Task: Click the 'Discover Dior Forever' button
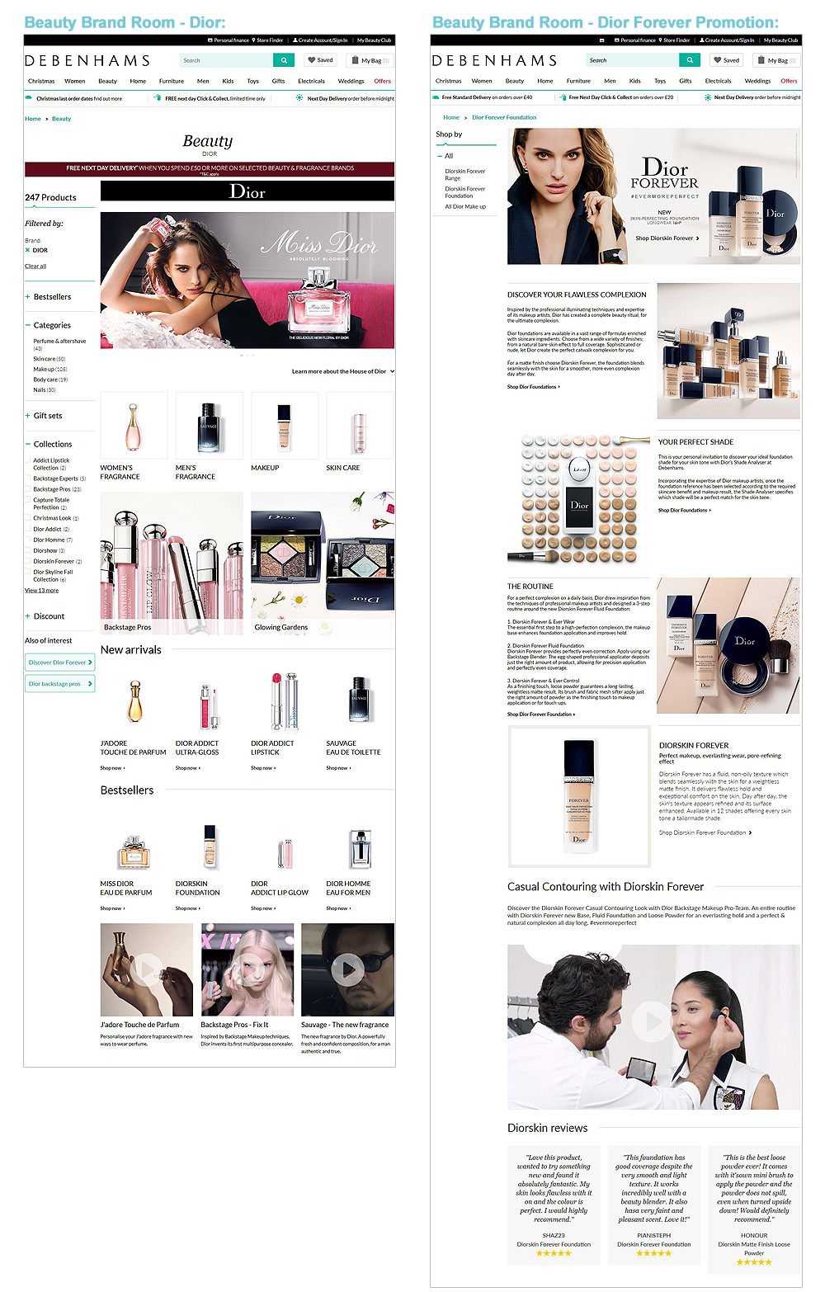[59, 662]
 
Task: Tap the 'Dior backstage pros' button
[59, 683]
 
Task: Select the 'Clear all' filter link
[35, 266]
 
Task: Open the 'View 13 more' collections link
[41, 590]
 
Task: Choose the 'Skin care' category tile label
[343, 468]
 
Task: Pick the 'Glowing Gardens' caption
[281, 627]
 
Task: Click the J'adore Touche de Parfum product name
[133, 747]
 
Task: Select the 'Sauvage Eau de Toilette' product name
[353, 747]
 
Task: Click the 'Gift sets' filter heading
[48, 416]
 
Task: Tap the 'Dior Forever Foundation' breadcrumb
[504, 117]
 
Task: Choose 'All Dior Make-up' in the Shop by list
[465, 206]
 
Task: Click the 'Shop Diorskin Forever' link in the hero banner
[667, 238]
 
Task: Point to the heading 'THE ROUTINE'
[530, 587]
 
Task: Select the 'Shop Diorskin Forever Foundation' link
[705, 832]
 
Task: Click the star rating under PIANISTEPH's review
[653, 1253]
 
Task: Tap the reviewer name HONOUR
[754, 1235]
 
